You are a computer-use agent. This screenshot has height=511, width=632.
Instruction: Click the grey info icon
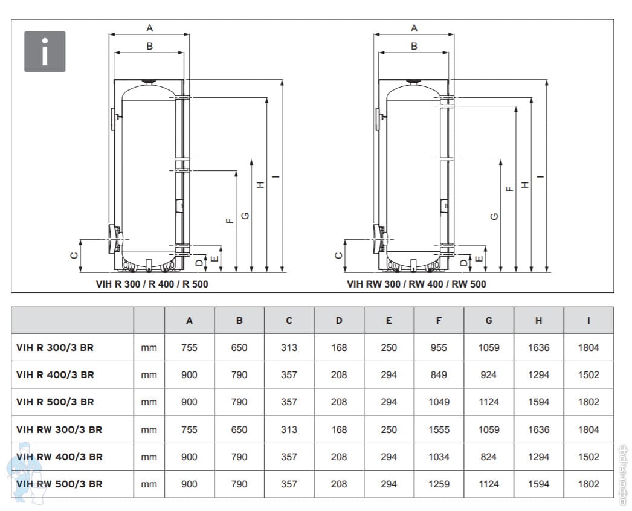(45, 51)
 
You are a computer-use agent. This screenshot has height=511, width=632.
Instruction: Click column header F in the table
(439, 321)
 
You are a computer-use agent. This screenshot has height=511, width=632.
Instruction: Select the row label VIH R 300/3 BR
(55, 347)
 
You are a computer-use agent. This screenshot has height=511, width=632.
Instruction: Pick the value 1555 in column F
(439, 429)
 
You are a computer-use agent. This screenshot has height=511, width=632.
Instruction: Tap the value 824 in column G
(489, 457)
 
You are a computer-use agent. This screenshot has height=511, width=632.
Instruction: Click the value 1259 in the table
(439, 484)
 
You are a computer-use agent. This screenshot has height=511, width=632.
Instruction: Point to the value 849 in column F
(439, 374)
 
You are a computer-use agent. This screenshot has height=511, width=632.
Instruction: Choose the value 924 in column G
(489, 374)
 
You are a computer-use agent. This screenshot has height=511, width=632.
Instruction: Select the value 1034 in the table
(439, 457)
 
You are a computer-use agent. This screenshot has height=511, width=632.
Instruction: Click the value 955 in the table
(439, 347)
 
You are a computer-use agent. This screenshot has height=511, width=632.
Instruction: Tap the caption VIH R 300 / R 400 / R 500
(152, 284)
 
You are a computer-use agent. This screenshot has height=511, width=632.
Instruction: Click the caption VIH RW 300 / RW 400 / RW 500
(416, 284)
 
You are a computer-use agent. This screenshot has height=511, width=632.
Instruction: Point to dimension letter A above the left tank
(149, 28)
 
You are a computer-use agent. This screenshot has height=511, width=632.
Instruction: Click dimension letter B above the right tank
(414, 47)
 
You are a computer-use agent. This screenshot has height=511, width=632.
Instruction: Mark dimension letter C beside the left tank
(74, 256)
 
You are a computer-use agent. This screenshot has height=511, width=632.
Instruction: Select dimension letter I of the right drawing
(540, 176)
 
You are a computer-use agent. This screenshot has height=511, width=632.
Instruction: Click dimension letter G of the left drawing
(245, 216)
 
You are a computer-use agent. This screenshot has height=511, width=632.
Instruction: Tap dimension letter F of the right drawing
(510, 188)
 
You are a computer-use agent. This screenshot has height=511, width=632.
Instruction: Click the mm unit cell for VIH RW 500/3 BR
(149, 484)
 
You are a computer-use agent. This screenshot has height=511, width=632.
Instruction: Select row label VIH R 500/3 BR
(55, 402)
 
